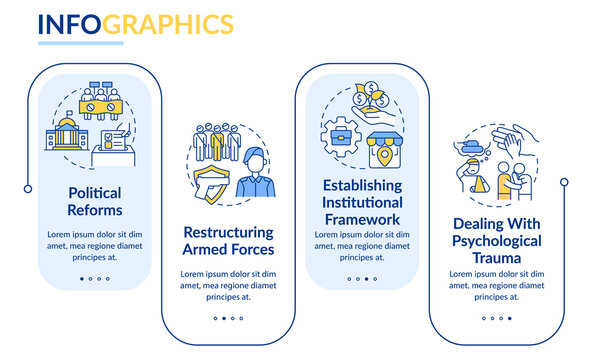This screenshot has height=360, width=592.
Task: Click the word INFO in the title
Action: point(69,23)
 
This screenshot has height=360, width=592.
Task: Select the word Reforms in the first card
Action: point(96,210)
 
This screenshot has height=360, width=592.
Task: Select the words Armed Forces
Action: point(228,249)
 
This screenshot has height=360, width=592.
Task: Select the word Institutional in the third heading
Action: point(361,203)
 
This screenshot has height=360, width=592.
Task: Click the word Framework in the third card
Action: point(361,219)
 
